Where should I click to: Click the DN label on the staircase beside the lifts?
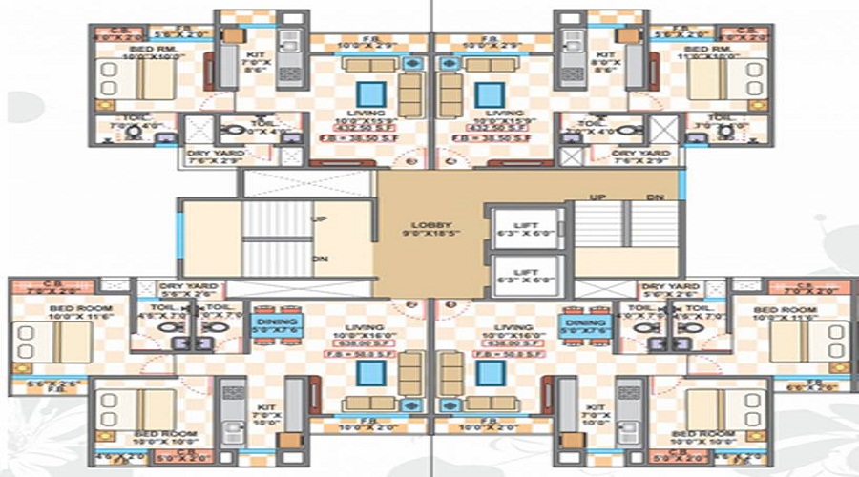point(655,196)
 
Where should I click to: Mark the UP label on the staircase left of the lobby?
point(321,218)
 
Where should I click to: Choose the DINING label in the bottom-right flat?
point(583,323)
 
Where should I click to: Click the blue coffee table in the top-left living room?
point(370,94)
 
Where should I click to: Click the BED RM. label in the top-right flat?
point(708,49)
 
